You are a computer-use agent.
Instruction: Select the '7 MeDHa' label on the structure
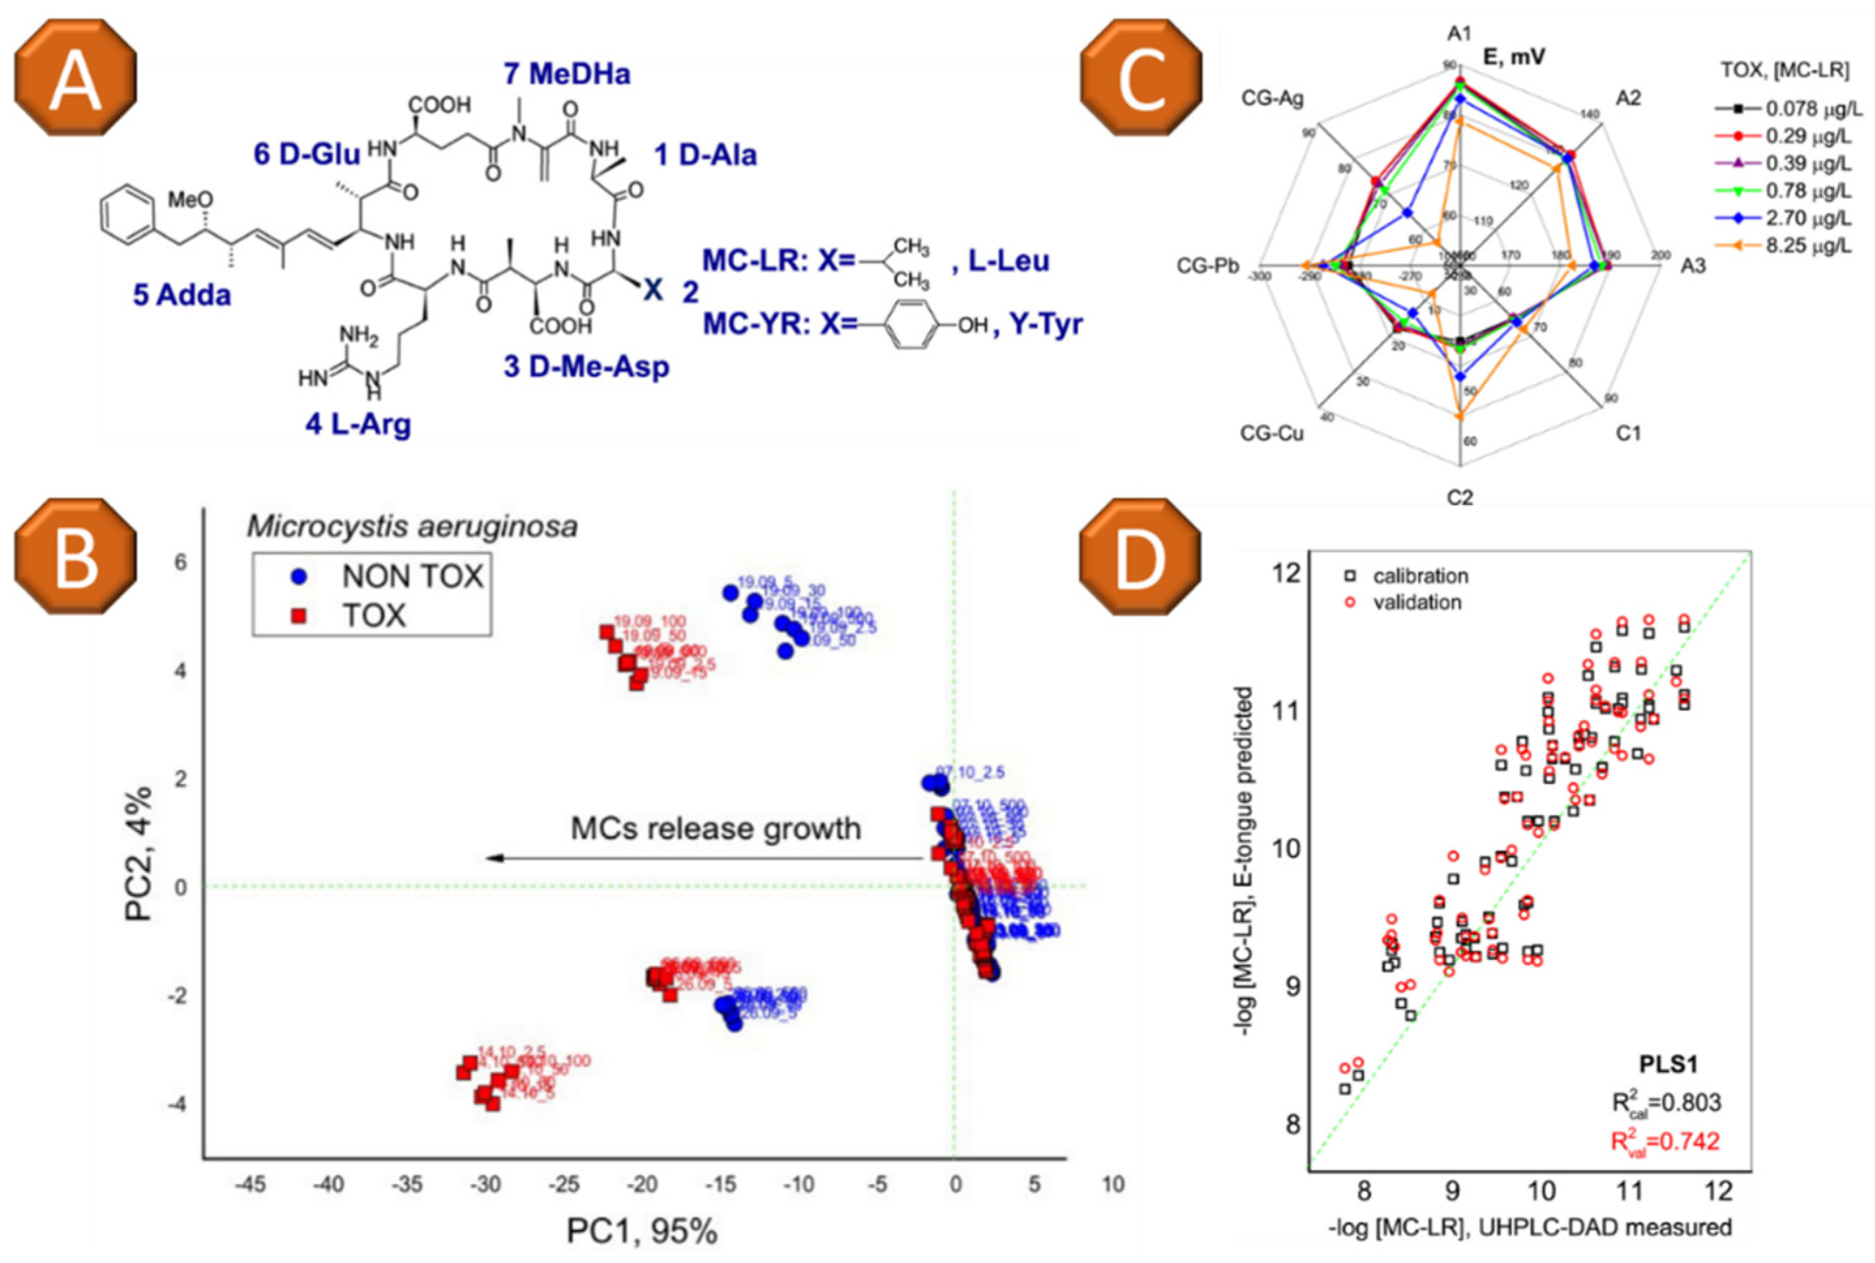click(x=567, y=74)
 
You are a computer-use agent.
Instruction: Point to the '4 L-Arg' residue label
click(x=358, y=424)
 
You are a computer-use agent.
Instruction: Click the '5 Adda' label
click(x=182, y=295)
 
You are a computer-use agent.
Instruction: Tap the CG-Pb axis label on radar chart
click(x=1206, y=266)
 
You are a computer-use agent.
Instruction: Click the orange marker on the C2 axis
click(x=1459, y=416)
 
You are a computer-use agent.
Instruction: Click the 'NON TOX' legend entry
click(x=411, y=576)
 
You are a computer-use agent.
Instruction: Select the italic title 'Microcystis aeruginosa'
click(x=412, y=526)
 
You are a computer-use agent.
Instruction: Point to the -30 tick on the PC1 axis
click(x=485, y=1185)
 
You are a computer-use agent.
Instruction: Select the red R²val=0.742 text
click(x=1664, y=1141)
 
